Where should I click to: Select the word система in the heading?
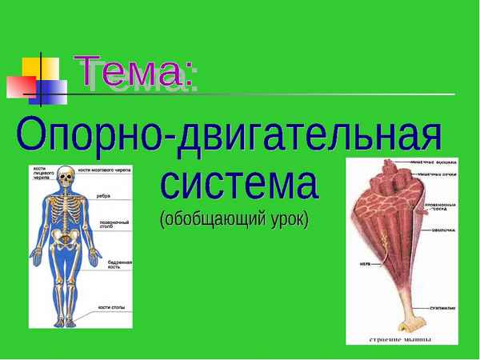[239, 185]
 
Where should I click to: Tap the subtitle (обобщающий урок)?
[233, 218]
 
